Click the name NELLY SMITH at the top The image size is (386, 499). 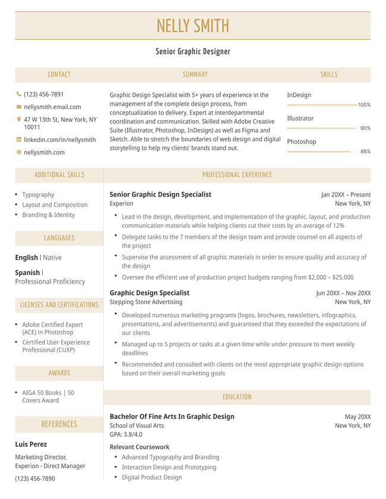193,26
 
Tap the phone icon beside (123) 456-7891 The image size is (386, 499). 18,94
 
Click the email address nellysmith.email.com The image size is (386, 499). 52,107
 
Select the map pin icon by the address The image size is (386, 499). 18,119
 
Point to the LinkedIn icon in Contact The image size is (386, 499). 18,140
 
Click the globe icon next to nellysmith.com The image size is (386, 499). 18,152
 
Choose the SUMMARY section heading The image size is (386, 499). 195,75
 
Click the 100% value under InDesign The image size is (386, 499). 364,105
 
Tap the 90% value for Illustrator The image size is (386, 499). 365,128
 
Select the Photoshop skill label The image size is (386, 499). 302,142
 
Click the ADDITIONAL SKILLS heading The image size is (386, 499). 59,175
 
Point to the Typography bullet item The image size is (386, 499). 38,194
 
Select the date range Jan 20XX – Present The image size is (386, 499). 346,194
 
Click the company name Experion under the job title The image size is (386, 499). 122,203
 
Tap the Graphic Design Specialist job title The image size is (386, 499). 150,293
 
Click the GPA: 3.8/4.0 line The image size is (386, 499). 126,434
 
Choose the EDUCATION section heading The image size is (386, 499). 237,397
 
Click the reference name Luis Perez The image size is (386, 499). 31,444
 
